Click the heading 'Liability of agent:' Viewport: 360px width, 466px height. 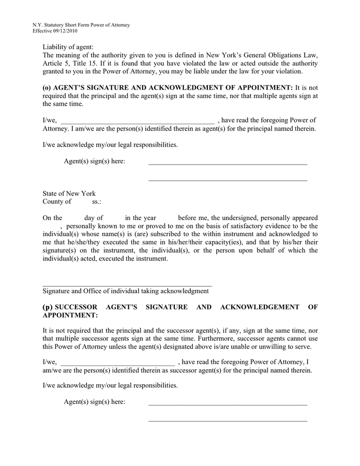pyautogui.click(x=68, y=47)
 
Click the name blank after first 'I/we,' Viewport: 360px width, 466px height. pyautogui.click(x=138, y=121)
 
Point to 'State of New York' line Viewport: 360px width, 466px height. pyautogui.click(x=69, y=194)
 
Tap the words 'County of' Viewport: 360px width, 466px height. pyautogui.click(x=57, y=202)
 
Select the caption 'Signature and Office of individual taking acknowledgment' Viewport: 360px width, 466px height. pyautogui.click(x=126, y=291)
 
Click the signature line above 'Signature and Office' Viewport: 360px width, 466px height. pyautogui.click(x=127, y=285)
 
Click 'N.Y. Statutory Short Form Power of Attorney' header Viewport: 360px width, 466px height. pyautogui.click(x=81, y=25)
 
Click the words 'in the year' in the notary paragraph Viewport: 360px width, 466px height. pyautogui.click(x=141, y=218)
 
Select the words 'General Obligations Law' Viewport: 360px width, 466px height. pyautogui.click(x=278, y=55)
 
